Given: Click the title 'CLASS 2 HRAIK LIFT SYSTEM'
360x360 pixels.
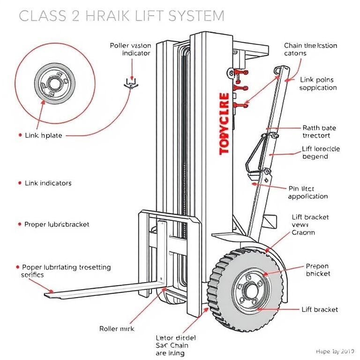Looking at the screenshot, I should coord(121,16).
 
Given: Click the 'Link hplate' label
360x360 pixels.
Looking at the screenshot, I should coord(43,135).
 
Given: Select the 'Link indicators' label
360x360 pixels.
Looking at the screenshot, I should coord(48,183).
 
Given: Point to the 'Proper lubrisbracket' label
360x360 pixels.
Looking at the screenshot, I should coord(56,225).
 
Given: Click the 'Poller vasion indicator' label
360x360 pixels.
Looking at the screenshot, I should coord(130,49).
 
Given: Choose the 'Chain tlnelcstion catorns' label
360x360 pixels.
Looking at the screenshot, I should coord(310,49).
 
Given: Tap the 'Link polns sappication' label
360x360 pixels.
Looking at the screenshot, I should coord(318,84).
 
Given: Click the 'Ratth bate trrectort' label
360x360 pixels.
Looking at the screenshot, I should coord(319,132).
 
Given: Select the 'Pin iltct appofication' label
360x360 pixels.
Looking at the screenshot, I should coord(307,192).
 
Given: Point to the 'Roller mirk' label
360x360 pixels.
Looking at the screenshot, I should coord(117,329).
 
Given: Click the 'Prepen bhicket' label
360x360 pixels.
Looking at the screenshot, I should coord(318,270).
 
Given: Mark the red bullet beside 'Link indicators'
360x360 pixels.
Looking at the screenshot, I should coord(19,183).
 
